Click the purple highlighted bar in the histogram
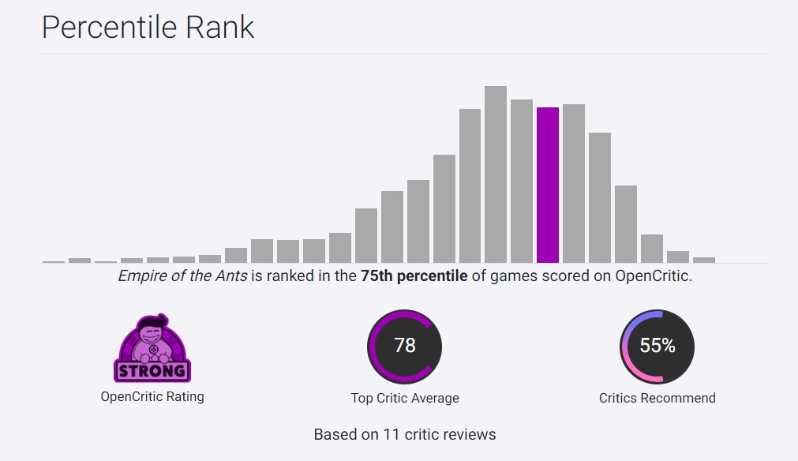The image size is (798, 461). [x=548, y=186]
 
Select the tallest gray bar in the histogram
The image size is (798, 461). [x=496, y=174]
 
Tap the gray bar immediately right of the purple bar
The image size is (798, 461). [x=574, y=184]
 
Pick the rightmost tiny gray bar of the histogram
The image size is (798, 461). [x=704, y=260]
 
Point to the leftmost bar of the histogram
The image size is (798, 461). [x=54, y=261]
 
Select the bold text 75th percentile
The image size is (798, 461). [x=414, y=277]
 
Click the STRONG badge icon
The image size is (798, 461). [x=152, y=349]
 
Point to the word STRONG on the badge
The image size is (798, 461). [x=152, y=370]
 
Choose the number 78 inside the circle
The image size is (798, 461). [x=405, y=346]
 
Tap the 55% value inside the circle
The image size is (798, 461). [x=658, y=346]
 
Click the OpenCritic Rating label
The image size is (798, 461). [x=152, y=396]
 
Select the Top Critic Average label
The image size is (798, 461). [x=405, y=398]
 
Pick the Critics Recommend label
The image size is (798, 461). [x=658, y=398]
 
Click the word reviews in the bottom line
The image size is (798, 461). [x=471, y=434]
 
